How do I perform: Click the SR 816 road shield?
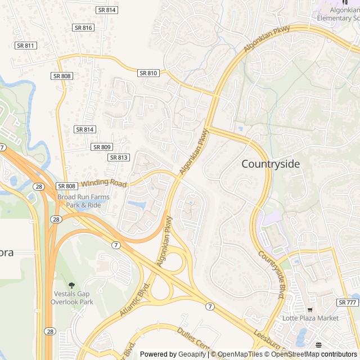[83, 28]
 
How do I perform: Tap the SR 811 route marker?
[26, 46]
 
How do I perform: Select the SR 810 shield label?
[148, 73]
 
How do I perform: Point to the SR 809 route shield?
[102, 147]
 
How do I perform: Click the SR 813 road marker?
[119, 157]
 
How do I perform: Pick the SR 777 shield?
[348, 302]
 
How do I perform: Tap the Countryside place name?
[271, 164]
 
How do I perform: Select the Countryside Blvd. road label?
[272, 274]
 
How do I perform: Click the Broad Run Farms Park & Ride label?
[83, 201]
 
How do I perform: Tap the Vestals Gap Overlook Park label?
[73, 298]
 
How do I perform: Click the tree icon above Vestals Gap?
[71, 285]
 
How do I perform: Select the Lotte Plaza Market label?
[310, 318]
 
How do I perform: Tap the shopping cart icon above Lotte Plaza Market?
[309, 309]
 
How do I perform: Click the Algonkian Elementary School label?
[337, 14]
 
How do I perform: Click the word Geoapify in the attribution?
[191, 354]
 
